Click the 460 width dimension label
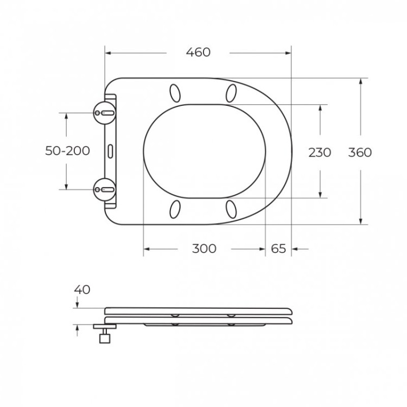pos(198,53)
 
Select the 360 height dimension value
pos(360,152)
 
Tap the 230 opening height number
pos(320,152)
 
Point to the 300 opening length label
pos(204,249)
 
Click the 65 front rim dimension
pos(278,249)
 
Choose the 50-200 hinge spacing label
pos(67,151)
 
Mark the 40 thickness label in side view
pos(82,290)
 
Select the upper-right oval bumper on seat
pos(232,93)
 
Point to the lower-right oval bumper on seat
pos(232,208)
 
